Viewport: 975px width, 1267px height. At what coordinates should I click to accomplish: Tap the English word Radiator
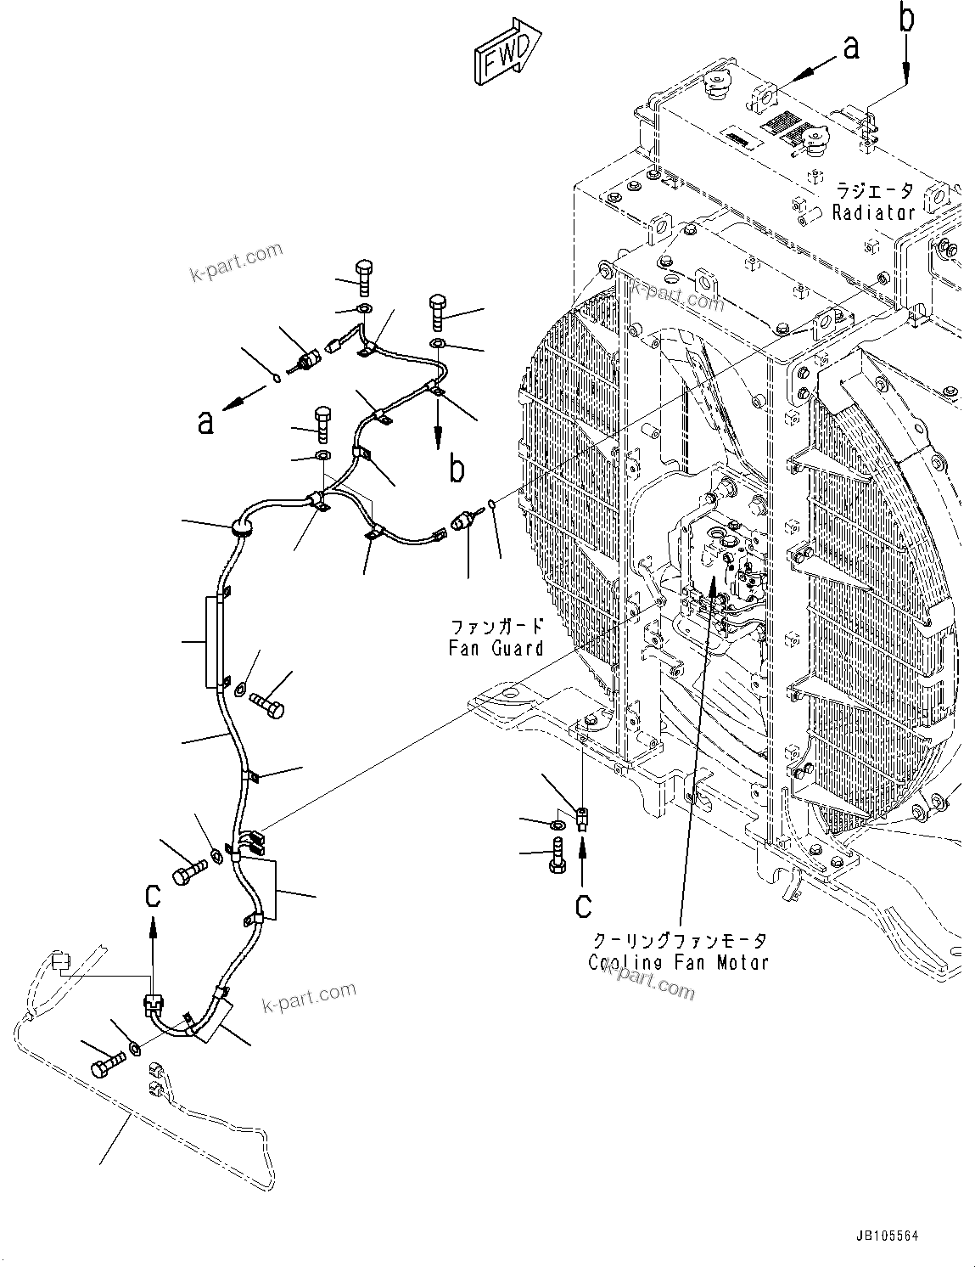[873, 212]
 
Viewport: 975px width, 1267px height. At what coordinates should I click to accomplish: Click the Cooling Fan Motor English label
[679, 962]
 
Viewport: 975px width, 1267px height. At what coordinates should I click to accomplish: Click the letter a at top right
[852, 49]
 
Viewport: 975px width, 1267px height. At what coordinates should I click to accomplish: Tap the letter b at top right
[907, 19]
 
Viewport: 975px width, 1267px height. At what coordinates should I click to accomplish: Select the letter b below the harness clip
[456, 468]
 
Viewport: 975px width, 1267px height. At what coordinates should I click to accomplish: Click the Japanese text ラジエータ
[873, 190]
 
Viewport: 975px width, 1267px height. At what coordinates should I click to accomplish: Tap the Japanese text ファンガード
[496, 628]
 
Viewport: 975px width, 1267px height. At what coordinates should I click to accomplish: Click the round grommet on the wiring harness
[241, 529]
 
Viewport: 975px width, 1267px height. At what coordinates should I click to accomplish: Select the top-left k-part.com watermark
[236, 264]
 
